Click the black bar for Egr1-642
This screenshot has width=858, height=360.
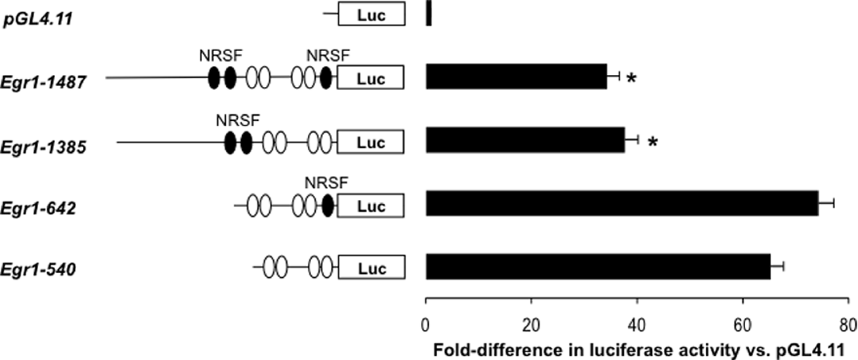point(622,203)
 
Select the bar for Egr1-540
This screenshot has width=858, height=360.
point(598,266)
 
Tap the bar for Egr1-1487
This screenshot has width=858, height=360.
point(517,77)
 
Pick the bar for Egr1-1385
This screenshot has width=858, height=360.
point(525,140)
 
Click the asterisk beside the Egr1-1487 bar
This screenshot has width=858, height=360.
point(631,79)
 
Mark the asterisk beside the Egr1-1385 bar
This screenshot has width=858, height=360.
point(653,142)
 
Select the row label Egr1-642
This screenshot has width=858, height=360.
point(38,208)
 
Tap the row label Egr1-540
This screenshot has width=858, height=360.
point(38,269)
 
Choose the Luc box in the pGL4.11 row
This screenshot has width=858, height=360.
point(371,14)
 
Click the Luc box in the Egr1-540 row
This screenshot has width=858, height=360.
point(371,268)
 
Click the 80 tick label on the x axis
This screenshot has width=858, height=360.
point(848,326)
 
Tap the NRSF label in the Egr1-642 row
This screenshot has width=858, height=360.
point(327,183)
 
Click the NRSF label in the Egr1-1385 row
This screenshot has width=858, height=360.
point(238,120)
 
